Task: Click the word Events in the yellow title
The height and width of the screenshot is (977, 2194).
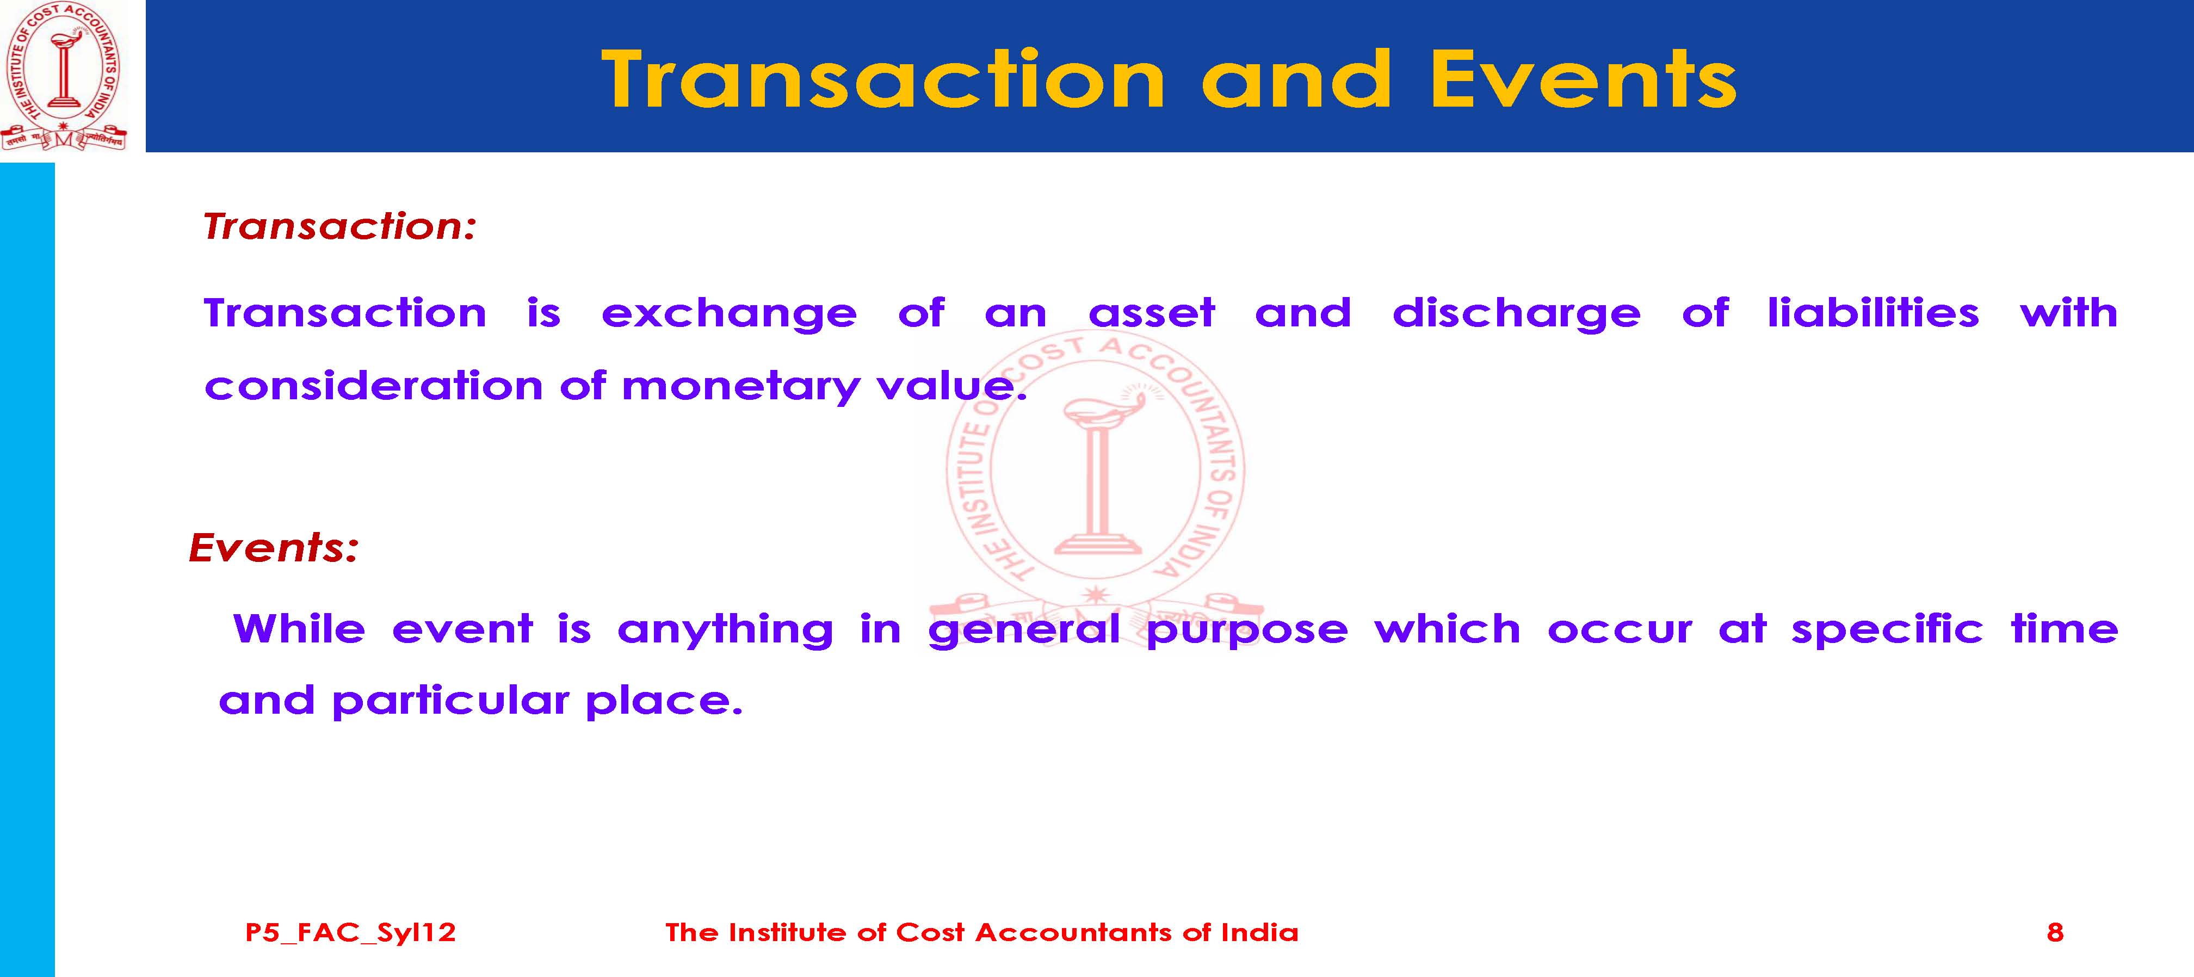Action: tap(1583, 79)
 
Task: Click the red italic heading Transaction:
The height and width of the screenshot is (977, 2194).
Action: tap(339, 226)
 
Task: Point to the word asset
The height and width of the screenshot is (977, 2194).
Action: tap(1152, 313)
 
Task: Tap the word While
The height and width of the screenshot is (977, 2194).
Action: tap(299, 629)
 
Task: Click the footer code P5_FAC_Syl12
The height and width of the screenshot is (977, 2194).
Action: tap(350, 933)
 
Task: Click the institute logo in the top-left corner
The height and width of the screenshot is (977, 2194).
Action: tap(64, 77)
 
